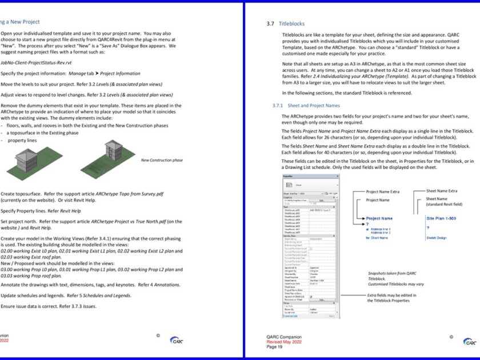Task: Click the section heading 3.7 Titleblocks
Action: click(285, 24)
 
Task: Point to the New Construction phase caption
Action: click(162, 160)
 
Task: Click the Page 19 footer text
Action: click(274, 346)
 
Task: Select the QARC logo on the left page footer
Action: click(176, 340)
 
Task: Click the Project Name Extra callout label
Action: click(384, 191)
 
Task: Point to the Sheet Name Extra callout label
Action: click(442, 191)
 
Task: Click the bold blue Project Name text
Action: click(379, 218)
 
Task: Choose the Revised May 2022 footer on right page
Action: click(284, 342)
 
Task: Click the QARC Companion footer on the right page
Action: click(283, 337)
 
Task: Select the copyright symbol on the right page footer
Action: click(451, 337)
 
